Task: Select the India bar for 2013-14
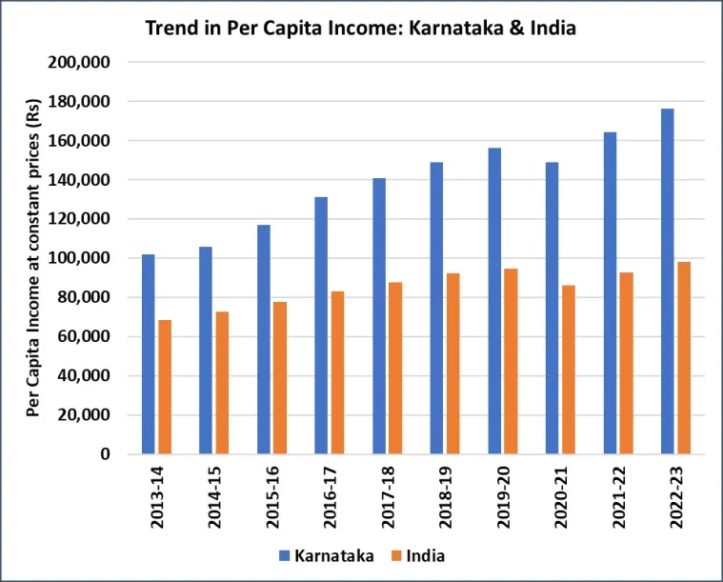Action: point(165,387)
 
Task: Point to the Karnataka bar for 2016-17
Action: point(321,325)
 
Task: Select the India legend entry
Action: point(418,554)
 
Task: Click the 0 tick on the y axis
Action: point(106,454)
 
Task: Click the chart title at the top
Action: point(361,28)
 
